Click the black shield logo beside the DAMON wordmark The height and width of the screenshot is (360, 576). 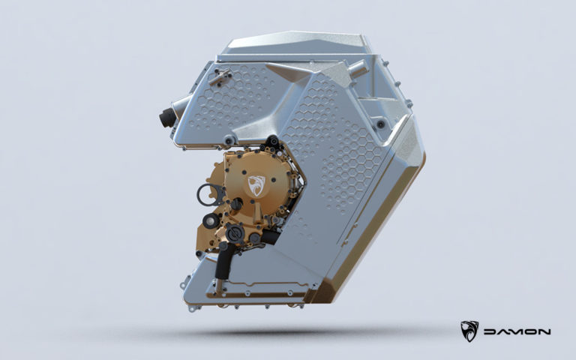(469, 331)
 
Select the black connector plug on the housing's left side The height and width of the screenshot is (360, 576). (166, 117)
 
